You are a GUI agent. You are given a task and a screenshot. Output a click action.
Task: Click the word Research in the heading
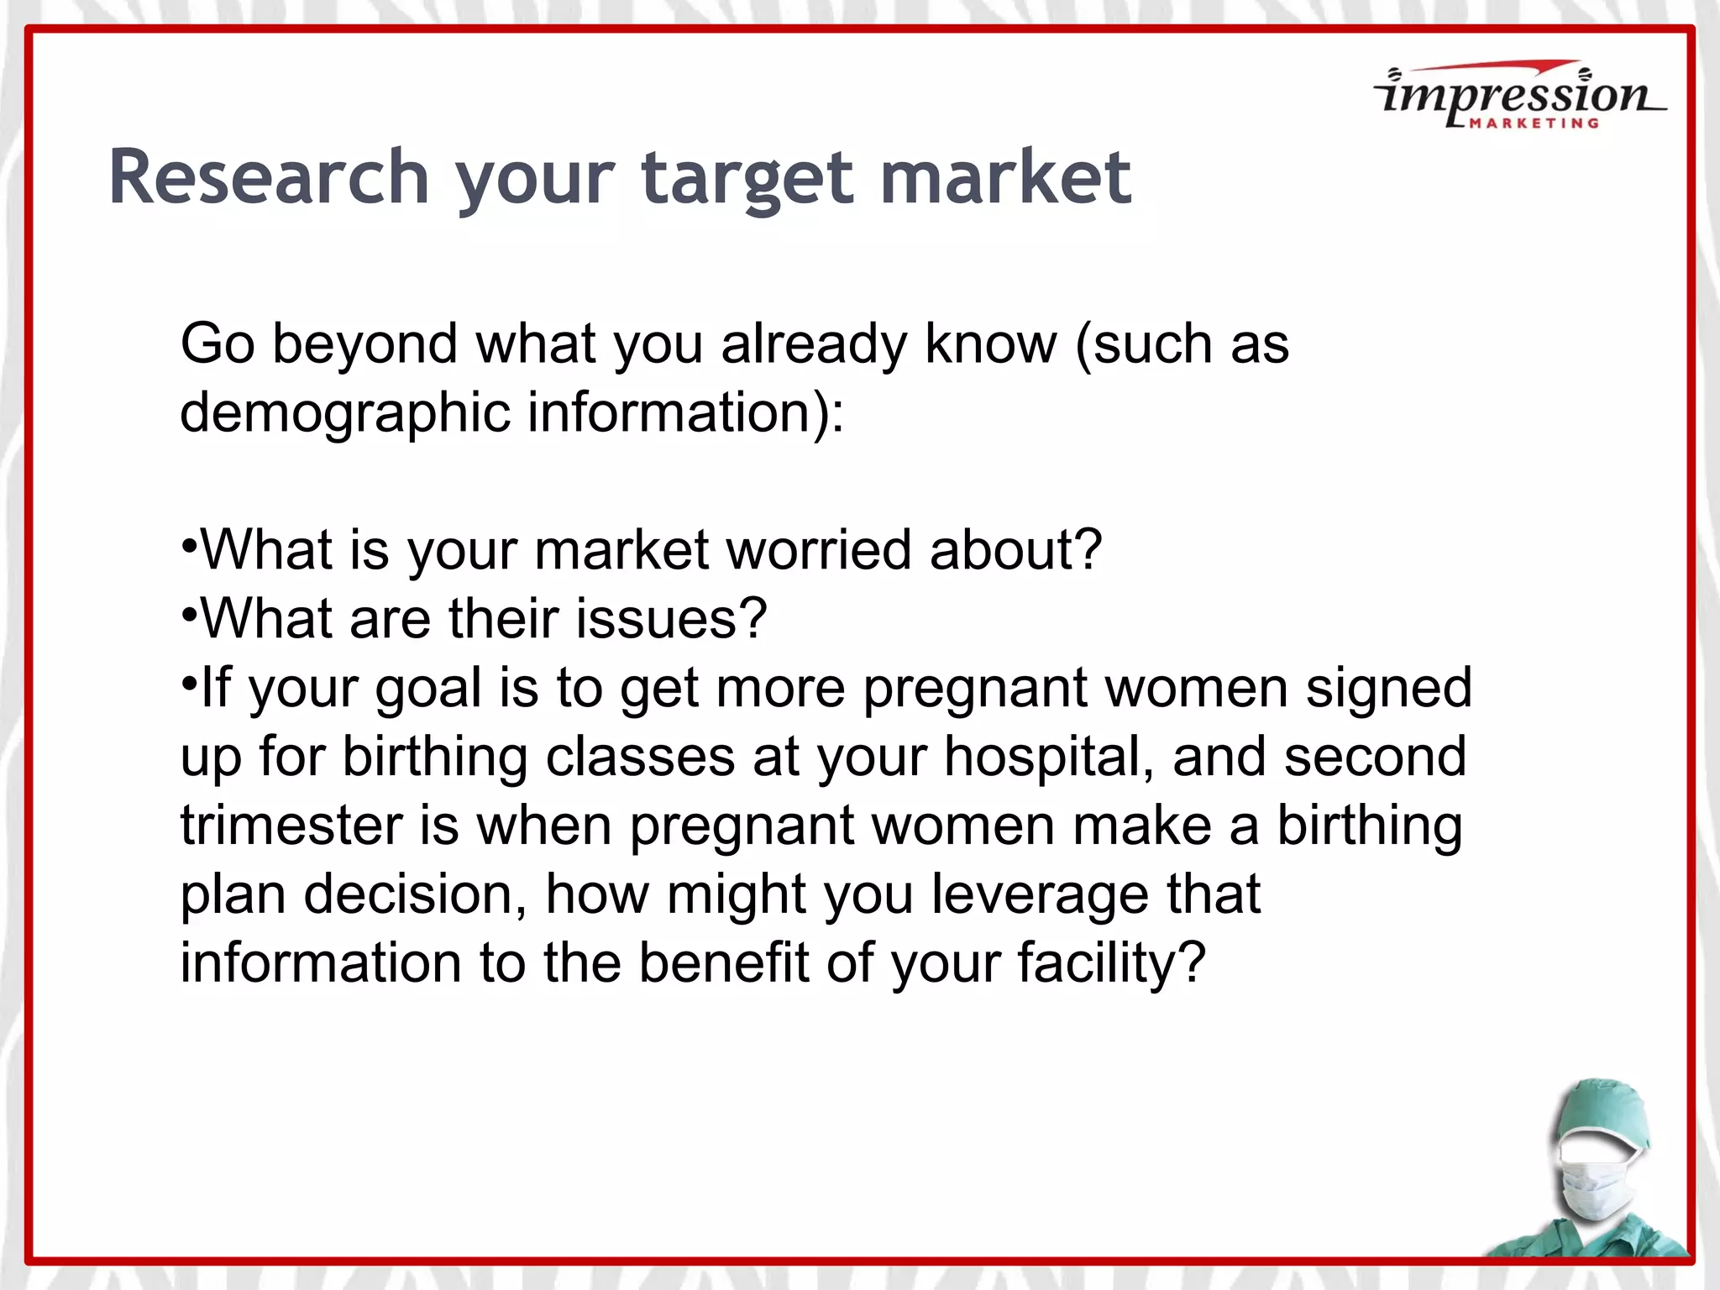(x=269, y=177)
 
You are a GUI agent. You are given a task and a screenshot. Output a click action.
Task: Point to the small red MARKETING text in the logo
(x=1534, y=123)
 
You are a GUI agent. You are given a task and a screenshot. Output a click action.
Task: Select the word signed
(x=1389, y=688)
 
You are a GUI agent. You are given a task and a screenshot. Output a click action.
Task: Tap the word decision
(x=416, y=894)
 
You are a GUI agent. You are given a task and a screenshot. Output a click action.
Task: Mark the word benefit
(x=723, y=962)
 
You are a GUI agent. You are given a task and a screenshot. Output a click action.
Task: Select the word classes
(x=640, y=757)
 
